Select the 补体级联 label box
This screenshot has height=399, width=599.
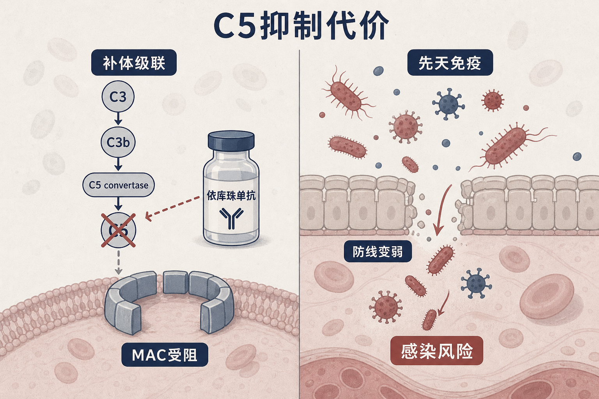tap(134, 62)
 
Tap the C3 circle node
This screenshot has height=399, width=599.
tap(118, 97)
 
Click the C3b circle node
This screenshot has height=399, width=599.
tap(118, 142)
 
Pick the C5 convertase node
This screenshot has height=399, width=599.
tap(119, 185)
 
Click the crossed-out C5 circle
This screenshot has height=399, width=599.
tap(119, 230)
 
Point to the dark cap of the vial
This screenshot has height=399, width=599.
tap(231, 140)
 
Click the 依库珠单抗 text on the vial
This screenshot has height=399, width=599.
tap(231, 195)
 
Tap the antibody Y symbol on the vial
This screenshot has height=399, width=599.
tap(231, 218)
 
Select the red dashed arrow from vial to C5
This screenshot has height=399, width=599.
tap(172, 207)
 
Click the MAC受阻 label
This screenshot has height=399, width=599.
tap(165, 355)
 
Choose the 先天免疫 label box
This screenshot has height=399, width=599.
tap(450, 62)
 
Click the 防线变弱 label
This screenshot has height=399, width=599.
tap(377, 251)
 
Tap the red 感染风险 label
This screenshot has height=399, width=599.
tap(437, 351)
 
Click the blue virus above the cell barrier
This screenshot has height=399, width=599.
tap(448, 104)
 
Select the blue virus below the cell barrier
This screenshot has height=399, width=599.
tap(476, 283)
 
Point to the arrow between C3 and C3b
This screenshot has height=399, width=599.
tap(118, 119)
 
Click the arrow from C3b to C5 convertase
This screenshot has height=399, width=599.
tap(118, 164)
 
